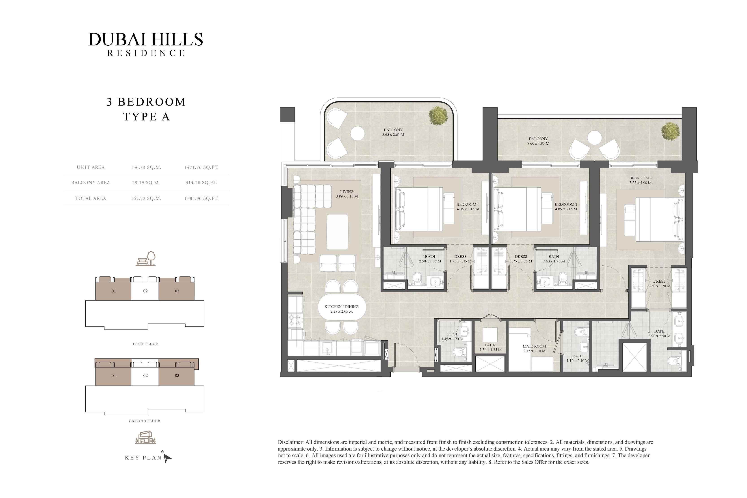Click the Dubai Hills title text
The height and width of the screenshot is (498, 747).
pos(146,39)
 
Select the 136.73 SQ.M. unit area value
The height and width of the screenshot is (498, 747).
pos(146,167)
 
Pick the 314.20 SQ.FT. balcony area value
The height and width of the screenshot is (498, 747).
pos(201,183)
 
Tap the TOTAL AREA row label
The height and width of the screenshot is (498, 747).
pos(91,198)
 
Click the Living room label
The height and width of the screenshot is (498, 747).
pos(347,194)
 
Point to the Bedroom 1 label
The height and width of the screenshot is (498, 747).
pos(468,206)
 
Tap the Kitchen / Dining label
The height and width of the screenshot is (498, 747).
pos(341,309)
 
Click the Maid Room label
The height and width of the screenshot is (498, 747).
pos(534,348)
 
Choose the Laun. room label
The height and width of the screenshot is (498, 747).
pos(490,347)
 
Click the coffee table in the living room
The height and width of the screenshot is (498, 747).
pos(337,232)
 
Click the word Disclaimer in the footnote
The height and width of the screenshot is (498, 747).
pos(290,442)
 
